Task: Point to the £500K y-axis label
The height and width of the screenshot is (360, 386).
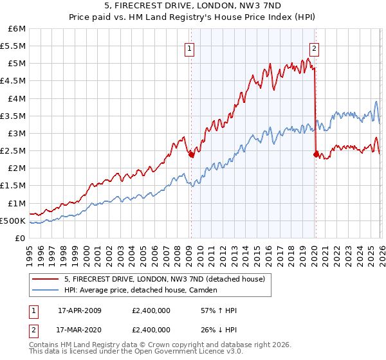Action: tap(14, 221)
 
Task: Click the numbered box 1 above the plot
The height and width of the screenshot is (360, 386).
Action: tap(190, 47)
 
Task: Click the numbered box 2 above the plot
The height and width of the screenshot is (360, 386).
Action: tap(315, 47)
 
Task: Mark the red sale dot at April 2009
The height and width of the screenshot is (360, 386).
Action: tap(191, 154)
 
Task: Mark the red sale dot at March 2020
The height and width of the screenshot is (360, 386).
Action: tap(315, 154)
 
